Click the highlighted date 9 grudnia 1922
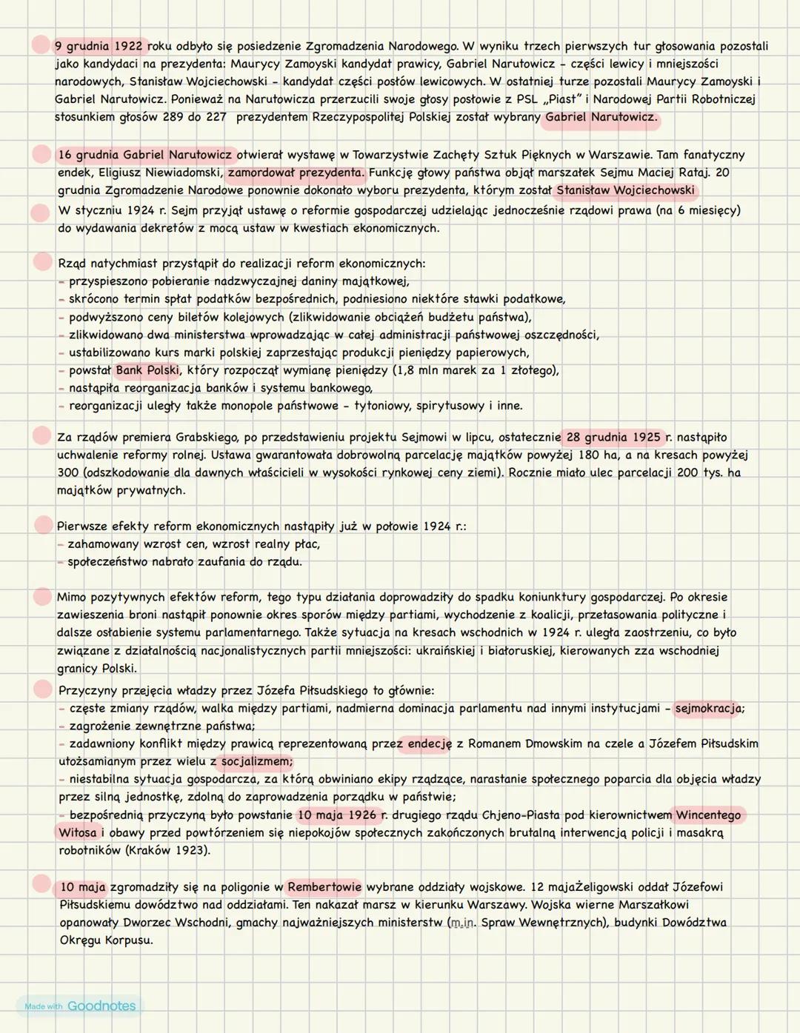pos(99,46)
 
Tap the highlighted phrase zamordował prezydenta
pos(296,173)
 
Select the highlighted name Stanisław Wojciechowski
pos(625,190)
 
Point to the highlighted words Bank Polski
pos(147,370)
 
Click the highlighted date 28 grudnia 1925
pos(613,437)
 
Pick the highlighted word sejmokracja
pos(707,708)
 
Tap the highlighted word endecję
pos(428,743)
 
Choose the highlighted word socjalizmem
pos(256,761)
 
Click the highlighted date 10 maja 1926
pos(337,815)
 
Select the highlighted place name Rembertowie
pos(324,886)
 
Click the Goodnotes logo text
pos(101,1006)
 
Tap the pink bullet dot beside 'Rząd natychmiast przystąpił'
pos(42,261)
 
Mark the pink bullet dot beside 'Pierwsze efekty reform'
pos(43,524)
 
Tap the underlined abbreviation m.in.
pos(463,922)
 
